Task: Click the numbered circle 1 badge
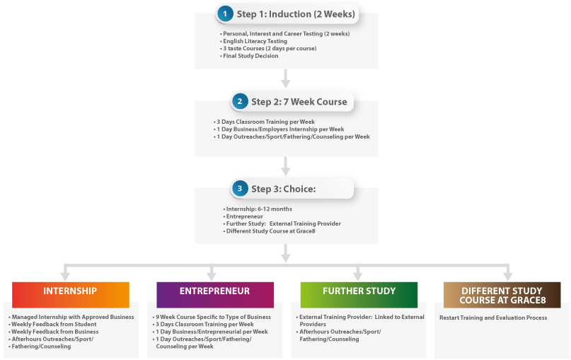(225, 13)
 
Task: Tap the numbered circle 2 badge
(239, 102)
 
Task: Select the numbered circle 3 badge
(239, 189)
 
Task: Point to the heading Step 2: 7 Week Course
(299, 102)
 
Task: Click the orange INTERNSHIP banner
(71, 291)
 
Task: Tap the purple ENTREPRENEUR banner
(214, 291)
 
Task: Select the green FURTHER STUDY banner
(359, 291)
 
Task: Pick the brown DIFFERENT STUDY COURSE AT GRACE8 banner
(502, 295)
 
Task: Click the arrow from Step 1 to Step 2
(285, 79)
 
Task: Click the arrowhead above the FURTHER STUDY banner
(357, 276)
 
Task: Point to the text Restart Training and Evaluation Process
(492, 318)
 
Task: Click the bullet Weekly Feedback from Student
(53, 324)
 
